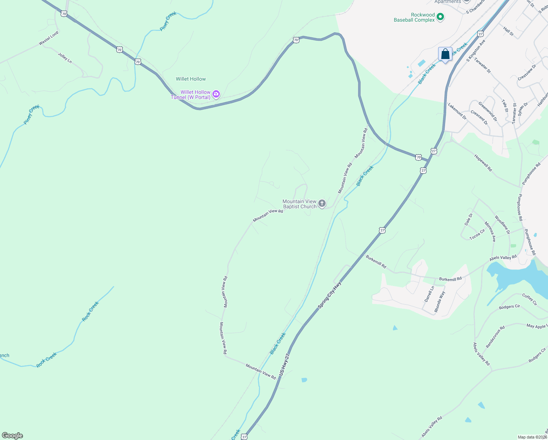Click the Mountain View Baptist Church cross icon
[x=322, y=203]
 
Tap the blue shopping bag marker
[x=445, y=54]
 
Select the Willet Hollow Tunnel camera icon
[x=216, y=95]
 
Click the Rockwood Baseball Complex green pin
[x=441, y=17]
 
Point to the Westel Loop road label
[x=49, y=38]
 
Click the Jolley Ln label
[x=65, y=58]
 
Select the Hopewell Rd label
[x=483, y=163]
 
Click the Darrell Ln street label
[x=429, y=294]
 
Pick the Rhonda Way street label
[x=440, y=301]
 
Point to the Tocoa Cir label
[x=477, y=234]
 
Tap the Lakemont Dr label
[x=457, y=111]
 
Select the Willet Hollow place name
[x=191, y=79]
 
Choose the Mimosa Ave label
[x=490, y=231]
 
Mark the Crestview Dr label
[x=527, y=73]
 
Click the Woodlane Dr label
[x=502, y=225]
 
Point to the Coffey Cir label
[x=529, y=300]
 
